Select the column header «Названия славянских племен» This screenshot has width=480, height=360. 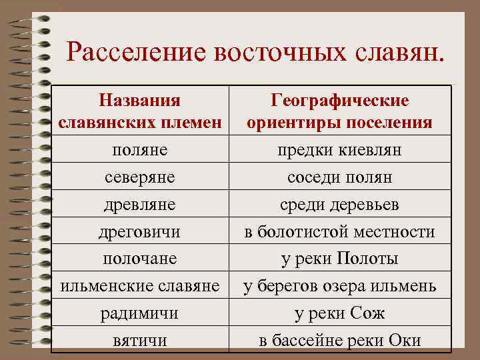pos(140,111)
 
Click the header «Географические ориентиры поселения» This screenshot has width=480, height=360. pos(339,111)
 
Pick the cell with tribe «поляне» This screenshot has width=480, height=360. pos(140,151)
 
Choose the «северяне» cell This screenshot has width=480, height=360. pos(140,178)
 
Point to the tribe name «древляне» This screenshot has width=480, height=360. pos(140,205)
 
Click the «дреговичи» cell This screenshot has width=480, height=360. pos(140,232)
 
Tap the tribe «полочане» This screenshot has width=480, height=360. pos(140,259)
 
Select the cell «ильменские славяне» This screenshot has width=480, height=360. pos(140,286)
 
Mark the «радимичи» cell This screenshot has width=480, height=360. pos(140,313)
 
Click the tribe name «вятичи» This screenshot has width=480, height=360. pos(140,340)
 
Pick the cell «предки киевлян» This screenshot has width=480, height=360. pos(339,151)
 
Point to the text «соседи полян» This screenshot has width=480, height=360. pos(339,178)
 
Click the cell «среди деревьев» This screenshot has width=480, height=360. pos(339,205)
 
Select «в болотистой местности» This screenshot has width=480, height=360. pos(339,232)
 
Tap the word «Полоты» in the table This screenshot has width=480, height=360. pos(367,259)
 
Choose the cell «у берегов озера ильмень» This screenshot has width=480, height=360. pos(339,286)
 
